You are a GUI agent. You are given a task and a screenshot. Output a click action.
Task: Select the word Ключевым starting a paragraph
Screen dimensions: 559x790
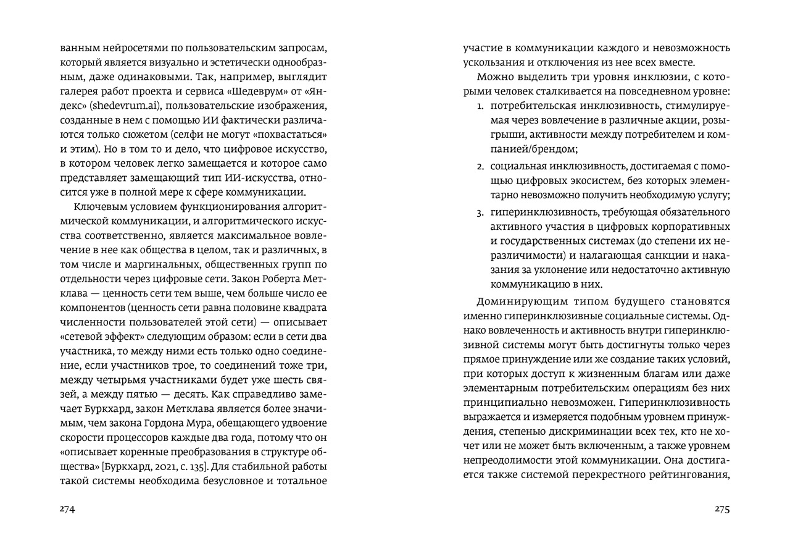click(x=99, y=206)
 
